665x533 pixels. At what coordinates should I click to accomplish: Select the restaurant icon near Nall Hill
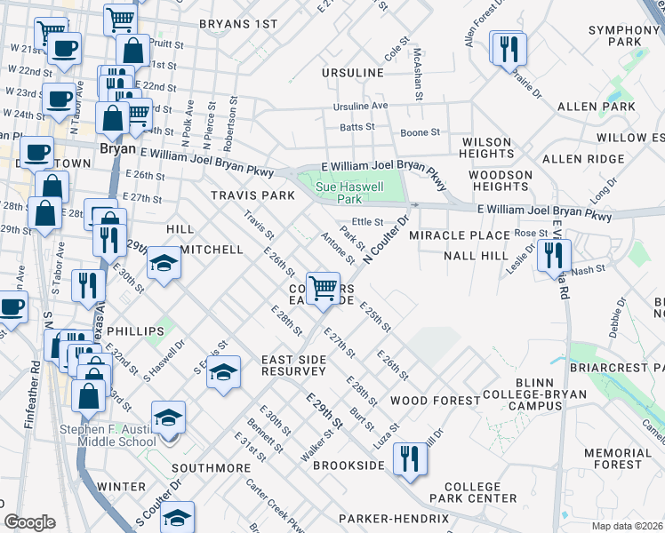coord(553,255)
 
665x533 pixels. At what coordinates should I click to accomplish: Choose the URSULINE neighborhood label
coord(353,72)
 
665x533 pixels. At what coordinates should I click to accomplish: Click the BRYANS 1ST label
coord(238,24)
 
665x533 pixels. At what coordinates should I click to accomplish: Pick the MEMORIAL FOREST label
coord(624,458)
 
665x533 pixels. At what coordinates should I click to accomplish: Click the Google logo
coord(29,522)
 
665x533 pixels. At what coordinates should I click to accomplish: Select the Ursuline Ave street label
coord(361,106)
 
